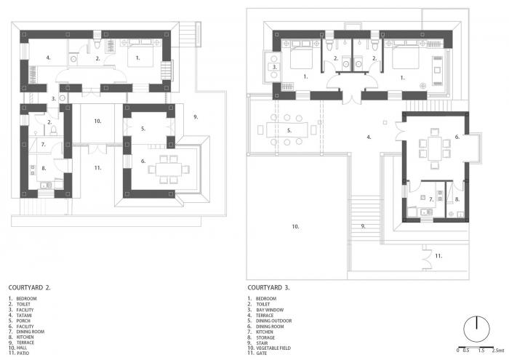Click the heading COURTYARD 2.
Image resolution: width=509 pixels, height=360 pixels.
pos(29,287)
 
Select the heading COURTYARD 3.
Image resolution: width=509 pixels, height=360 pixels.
pos(269,287)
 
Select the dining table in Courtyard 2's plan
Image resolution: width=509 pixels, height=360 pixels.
pos(169,169)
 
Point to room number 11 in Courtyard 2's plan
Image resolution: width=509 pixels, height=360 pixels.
pos(97,167)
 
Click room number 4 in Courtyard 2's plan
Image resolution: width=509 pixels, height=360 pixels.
pos(48,57)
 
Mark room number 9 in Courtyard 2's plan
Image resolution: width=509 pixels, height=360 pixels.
pos(195,116)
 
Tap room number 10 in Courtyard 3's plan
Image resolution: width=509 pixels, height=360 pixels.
pos(296,227)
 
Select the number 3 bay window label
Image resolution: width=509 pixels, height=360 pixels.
pos(274,67)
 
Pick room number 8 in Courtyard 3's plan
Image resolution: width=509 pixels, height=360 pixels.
pos(457,198)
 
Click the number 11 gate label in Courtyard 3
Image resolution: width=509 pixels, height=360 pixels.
pos(438,256)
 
